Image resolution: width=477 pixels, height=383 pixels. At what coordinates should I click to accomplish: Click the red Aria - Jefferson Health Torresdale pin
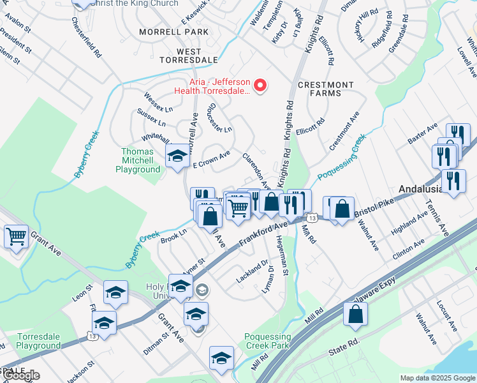coord(260,86)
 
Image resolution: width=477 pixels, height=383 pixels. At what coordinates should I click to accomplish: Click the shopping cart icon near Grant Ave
coord(16,236)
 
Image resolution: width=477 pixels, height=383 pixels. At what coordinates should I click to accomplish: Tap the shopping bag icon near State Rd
coord(355,315)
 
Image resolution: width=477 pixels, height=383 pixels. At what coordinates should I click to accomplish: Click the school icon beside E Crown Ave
coord(177,155)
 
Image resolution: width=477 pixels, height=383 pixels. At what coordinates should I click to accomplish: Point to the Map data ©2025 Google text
coord(437,378)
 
